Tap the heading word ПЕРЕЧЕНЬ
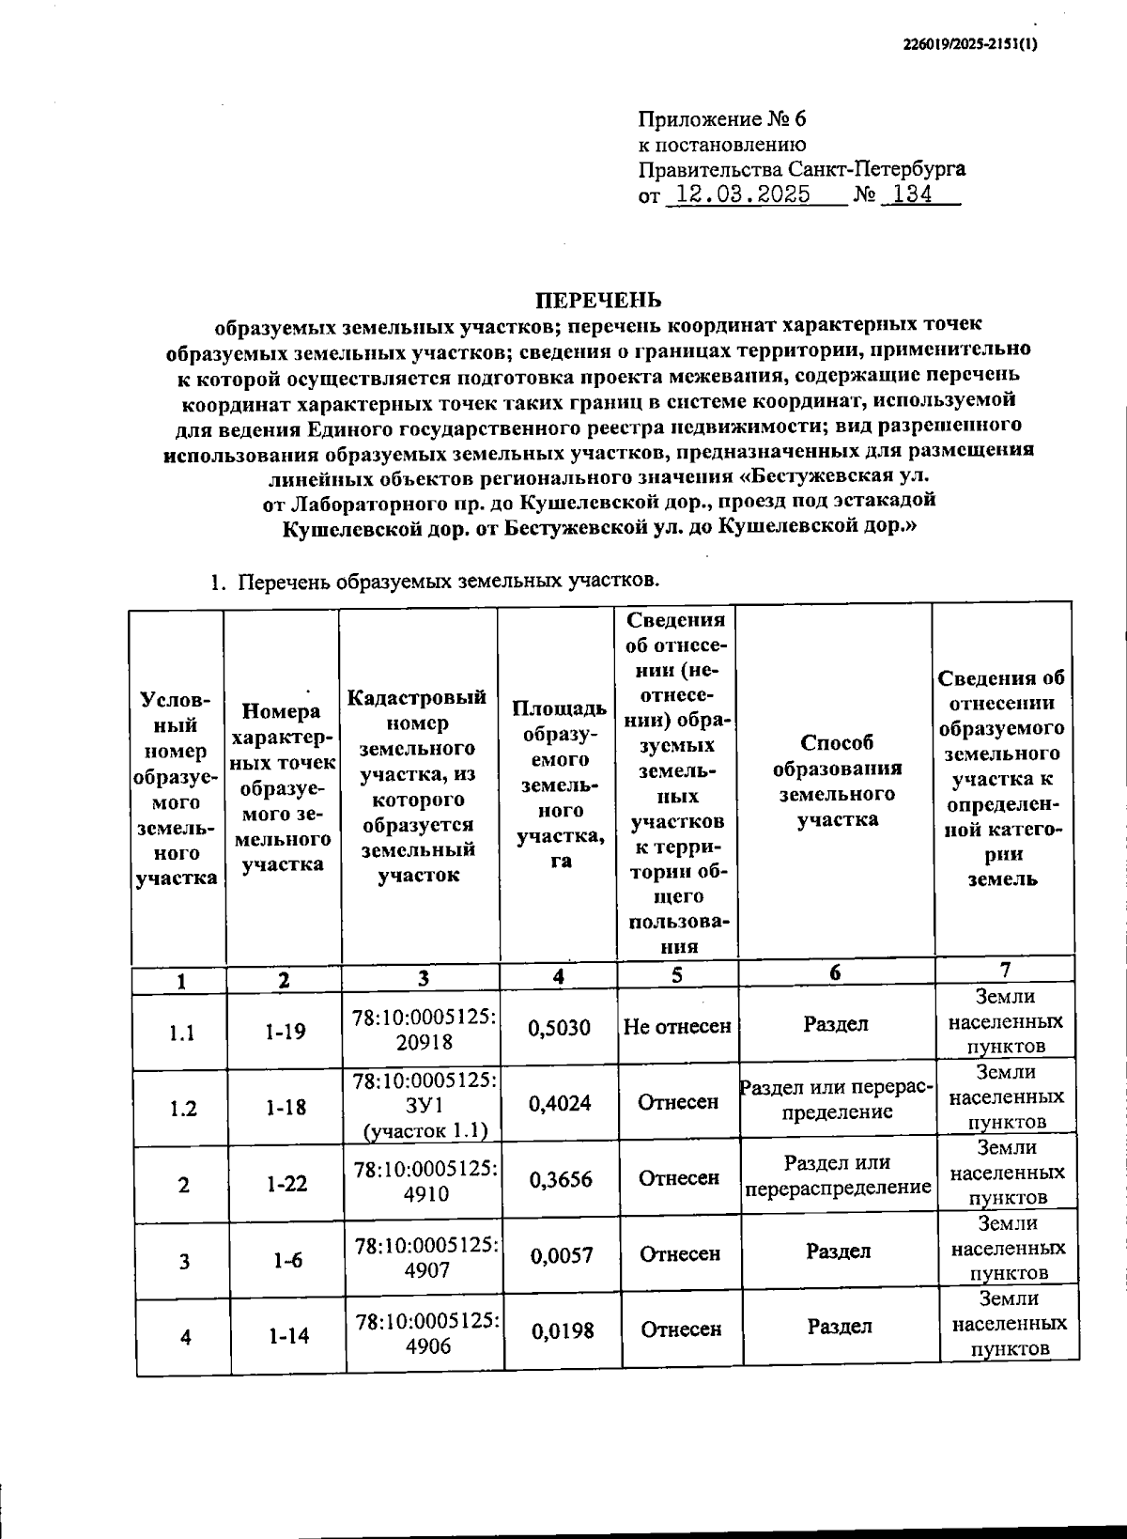tap(598, 300)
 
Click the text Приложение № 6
tap(722, 119)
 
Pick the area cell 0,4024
tap(560, 1104)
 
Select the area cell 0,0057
tap(562, 1255)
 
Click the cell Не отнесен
tap(677, 1027)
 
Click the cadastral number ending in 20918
tap(425, 1030)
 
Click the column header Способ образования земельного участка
tap(837, 781)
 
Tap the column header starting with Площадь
tap(559, 784)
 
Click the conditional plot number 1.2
tap(183, 1109)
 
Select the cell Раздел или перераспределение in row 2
tap(838, 1175)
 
